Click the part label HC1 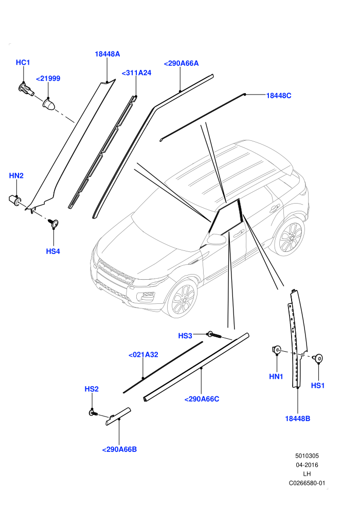click(x=23, y=62)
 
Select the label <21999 click(x=48, y=79)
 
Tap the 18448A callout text click(x=107, y=54)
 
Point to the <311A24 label click(x=136, y=73)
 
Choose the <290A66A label click(x=181, y=63)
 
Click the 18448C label click(x=279, y=96)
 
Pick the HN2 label click(x=16, y=176)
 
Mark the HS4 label click(x=53, y=251)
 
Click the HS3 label click(x=185, y=336)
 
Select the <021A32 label click(x=143, y=355)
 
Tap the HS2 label click(x=92, y=389)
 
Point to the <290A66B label click(x=119, y=449)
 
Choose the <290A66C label click(x=202, y=399)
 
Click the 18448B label click(x=297, y=419)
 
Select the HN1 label click(x=276, y=376)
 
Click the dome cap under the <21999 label click(x=49, y=104)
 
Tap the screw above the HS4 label click(x=53, y=223)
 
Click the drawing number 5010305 click(x=307, y=456)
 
